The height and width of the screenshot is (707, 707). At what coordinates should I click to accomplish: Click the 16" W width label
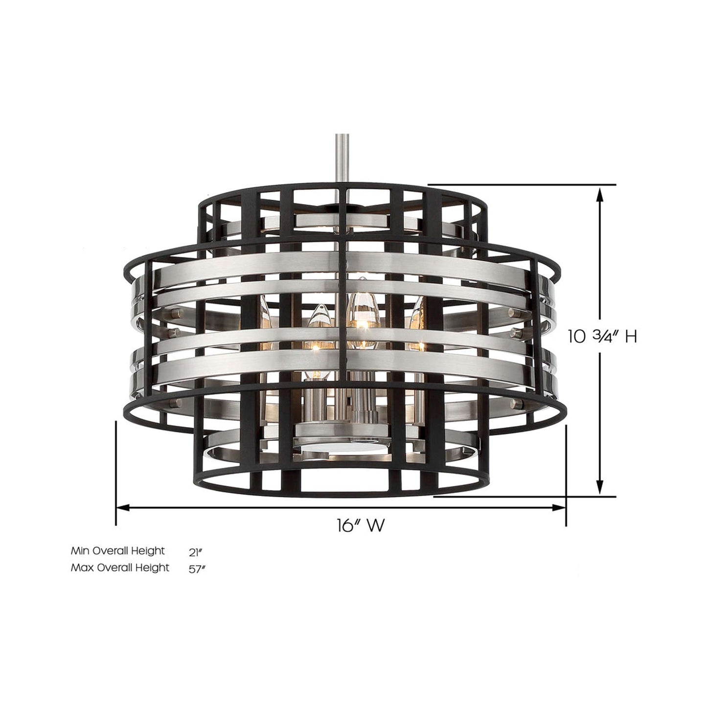360,526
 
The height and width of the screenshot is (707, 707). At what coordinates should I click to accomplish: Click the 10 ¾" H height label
602,337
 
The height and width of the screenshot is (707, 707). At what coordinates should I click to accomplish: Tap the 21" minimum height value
195,552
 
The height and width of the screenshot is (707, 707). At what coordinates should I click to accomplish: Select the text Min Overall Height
117,551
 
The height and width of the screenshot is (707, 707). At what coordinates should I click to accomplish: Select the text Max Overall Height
120,568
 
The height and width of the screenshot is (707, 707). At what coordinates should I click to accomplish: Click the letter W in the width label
375,526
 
